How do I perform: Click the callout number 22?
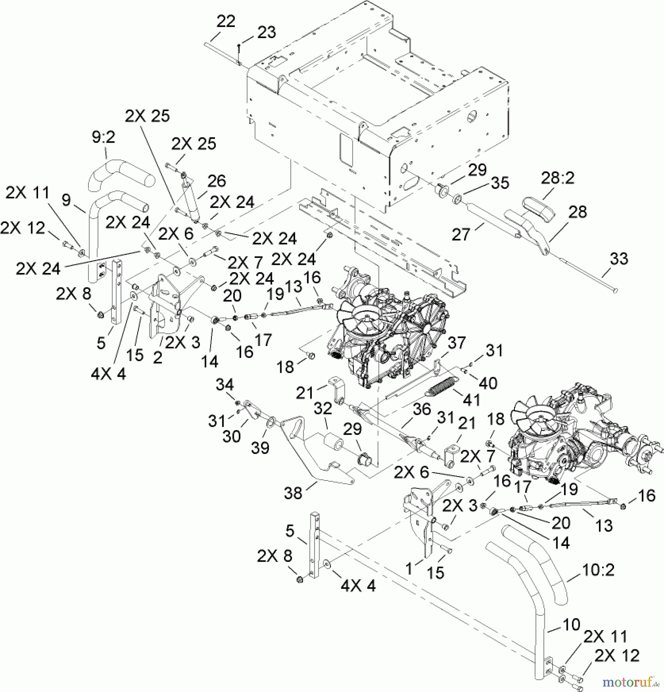click(x=226, y=21)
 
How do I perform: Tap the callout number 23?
click(x=266, y=32)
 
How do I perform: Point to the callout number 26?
click(x=216, y=181)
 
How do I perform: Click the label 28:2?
click(x=557, y=179)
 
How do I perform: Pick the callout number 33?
click(x=619, y=259)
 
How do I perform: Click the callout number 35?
click(x=500, y=183)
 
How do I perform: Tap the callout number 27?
click(x=461, y=235)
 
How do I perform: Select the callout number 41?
click(x=471, y=400)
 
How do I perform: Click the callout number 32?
click(x=323, y=409)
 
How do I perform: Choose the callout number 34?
click(x=224, y=384)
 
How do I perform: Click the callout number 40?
click(x=488, y=383)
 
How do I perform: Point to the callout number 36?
click(x=422, y=409)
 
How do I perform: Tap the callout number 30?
click(x=231, y=436)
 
